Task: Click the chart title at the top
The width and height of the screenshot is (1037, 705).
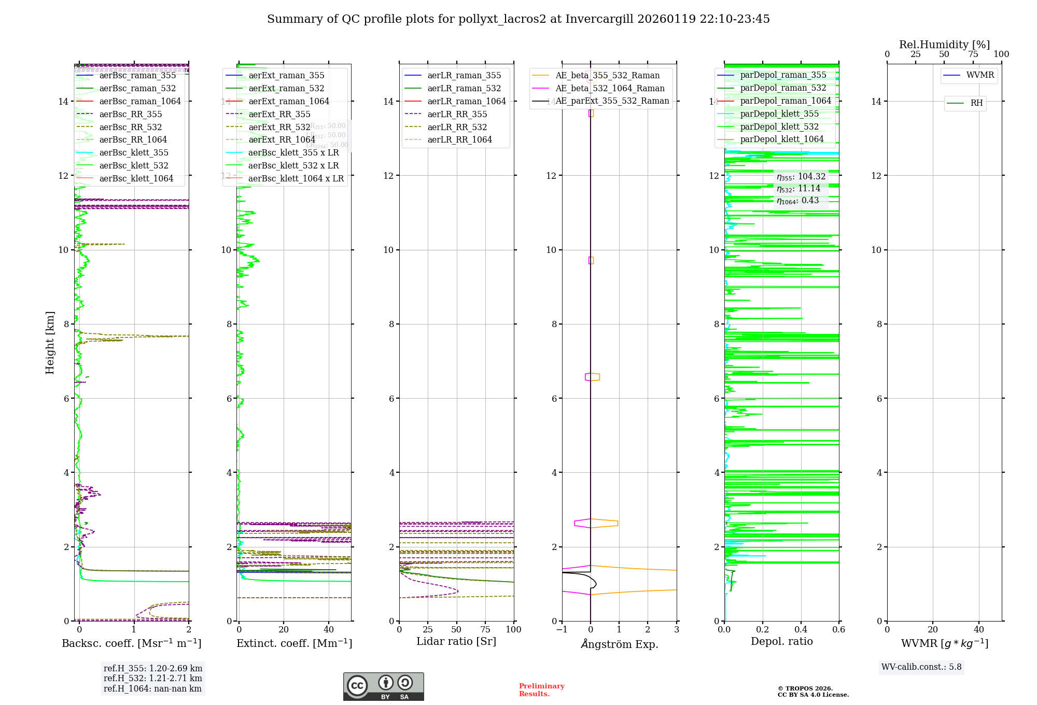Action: tap(518, 19)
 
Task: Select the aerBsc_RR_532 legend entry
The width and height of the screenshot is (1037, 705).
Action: tap(130, 127)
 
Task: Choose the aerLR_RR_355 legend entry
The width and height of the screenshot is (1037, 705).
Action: tap(457, 114)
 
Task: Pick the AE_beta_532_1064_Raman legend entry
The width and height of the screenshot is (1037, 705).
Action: tap(609, 88)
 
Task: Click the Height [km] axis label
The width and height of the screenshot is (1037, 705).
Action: tap(50, 342)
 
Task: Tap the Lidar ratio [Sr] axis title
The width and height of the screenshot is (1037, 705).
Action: tap(456, 641)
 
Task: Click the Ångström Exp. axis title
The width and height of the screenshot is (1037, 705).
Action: tap(619, 644)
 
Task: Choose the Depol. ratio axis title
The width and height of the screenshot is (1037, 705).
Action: tap(781, 641)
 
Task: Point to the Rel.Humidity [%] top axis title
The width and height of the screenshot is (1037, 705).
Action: tap(944, 45)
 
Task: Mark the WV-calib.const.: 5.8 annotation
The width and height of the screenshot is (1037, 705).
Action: tap(921, 667)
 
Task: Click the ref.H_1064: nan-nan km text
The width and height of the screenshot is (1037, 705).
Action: tap(152, 688)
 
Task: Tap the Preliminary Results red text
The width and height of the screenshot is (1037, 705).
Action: tap(541, 689)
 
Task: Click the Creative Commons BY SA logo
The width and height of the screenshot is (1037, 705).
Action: tap(383, 686)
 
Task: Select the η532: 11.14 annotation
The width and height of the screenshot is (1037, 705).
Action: tap(798, 189)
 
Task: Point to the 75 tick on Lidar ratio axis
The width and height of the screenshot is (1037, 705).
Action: tap(485, 629)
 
